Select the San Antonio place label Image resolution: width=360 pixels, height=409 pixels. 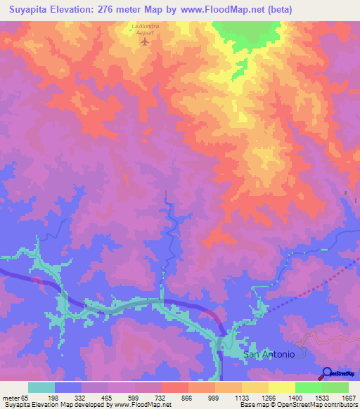tap(269, 354)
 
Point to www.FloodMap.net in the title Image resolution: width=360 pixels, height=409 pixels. tap(227, 10)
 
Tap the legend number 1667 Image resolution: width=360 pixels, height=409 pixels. tap(349, 397)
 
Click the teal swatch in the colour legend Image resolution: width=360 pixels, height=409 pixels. tap(41, 387)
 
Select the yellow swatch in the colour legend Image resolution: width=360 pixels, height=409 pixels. tap(281, 387)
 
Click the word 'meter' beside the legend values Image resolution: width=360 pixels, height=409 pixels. tap(11, 397)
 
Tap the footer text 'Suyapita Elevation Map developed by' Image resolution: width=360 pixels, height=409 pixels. tap(59, 405)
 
